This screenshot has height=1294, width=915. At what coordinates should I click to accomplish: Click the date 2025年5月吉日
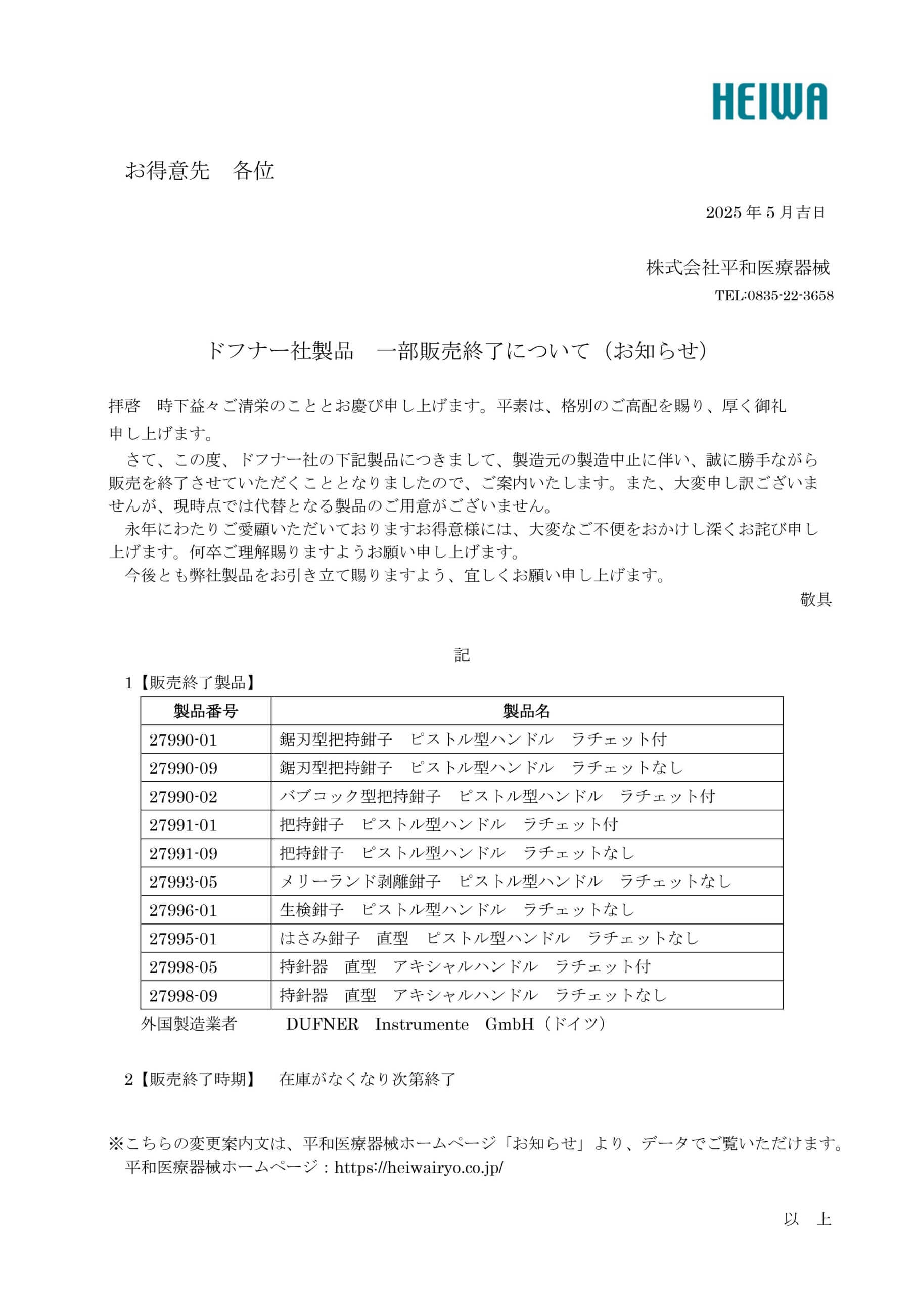765,212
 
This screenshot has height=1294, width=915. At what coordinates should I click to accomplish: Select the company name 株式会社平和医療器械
738,268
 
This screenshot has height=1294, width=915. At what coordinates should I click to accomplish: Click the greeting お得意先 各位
200,170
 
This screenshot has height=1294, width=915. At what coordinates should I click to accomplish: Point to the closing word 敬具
815,599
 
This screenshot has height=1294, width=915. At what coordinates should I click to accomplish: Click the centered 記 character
462,654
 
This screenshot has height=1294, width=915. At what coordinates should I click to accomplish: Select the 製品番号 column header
205,711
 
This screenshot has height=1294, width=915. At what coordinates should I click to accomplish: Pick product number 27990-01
183,740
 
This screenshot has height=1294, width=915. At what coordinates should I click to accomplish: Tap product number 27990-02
183,796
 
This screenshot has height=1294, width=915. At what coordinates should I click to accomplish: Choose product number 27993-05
183,882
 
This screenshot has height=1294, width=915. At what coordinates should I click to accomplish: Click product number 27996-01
183,910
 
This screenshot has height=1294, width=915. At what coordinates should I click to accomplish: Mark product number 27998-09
183,995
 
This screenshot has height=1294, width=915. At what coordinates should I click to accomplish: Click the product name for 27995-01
489,938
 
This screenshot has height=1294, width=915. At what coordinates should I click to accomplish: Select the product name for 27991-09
456,853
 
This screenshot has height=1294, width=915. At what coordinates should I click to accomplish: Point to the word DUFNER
322,1024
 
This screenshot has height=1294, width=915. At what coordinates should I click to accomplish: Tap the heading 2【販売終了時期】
190,1079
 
